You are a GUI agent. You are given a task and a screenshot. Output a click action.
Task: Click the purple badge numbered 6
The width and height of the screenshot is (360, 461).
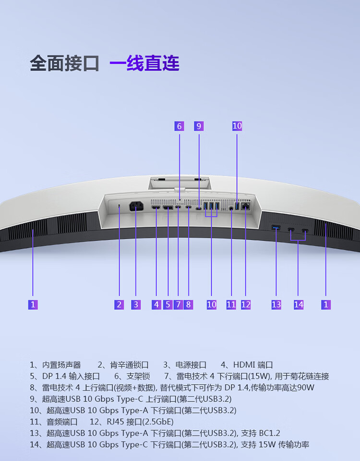pos(179,126)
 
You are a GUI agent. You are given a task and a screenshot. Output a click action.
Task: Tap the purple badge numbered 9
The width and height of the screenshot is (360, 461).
pos(199,126)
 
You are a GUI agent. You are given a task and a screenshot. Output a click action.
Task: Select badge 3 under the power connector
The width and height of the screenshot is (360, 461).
pos(136,304)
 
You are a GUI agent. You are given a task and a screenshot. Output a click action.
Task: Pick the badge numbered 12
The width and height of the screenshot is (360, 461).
pos(246,304)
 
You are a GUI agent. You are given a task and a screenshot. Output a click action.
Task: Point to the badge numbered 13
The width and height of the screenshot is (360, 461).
pos(276,304)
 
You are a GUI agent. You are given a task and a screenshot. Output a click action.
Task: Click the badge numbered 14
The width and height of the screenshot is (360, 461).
pos(299,304)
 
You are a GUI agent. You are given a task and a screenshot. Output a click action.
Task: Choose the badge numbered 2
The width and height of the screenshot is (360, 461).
pos(119,304)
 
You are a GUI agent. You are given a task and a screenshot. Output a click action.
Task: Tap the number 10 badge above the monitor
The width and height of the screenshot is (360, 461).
pos(237,126)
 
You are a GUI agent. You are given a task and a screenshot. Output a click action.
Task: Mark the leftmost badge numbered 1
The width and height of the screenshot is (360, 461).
pos(33,304)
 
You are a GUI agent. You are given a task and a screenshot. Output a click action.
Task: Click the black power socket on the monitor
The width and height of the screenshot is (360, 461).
pos(136,207)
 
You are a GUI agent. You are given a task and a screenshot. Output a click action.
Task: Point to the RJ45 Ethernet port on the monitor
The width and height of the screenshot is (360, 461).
pos(246,206)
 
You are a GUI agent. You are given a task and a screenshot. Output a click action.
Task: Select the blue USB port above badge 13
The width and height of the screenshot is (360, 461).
pos(276,227)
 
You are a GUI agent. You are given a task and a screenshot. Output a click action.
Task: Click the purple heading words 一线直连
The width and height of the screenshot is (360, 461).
pos(144,63)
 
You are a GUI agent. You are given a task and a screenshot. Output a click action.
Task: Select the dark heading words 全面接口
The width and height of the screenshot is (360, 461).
pos(64,63)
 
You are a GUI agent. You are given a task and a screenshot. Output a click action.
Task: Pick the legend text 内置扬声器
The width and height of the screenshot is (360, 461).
pos(61,365)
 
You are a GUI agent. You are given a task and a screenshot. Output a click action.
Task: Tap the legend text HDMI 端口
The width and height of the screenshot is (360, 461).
pos(253,365)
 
